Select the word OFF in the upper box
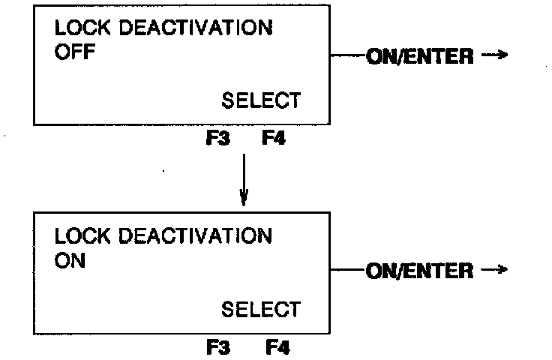click(73, 55)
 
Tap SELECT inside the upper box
click(260, 100)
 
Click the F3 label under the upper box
click(218, 139)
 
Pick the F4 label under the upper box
click(273, 139)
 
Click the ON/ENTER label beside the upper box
click(420, 57)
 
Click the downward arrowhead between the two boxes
click(243, 200)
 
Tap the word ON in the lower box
click(70, 262)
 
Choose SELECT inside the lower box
click(260, 309)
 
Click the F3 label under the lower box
click(218, 347)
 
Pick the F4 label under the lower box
click(277, 347)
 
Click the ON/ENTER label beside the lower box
click(420, 271)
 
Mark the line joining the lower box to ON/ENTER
click(346, 270)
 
